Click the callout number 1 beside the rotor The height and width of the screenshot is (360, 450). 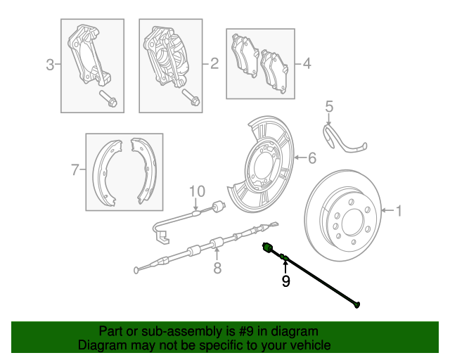399,210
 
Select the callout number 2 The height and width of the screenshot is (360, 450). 214,64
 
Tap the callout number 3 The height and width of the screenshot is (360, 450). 50,66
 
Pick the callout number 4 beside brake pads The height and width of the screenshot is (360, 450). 307,64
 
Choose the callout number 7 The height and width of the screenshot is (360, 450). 75,169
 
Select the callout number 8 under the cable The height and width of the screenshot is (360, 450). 217,267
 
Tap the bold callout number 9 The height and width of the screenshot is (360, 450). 285,281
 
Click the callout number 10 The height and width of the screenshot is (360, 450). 196,191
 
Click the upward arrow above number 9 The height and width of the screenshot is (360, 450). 285,266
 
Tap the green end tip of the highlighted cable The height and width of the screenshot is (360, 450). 359,305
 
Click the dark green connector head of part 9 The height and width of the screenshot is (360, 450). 267,247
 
